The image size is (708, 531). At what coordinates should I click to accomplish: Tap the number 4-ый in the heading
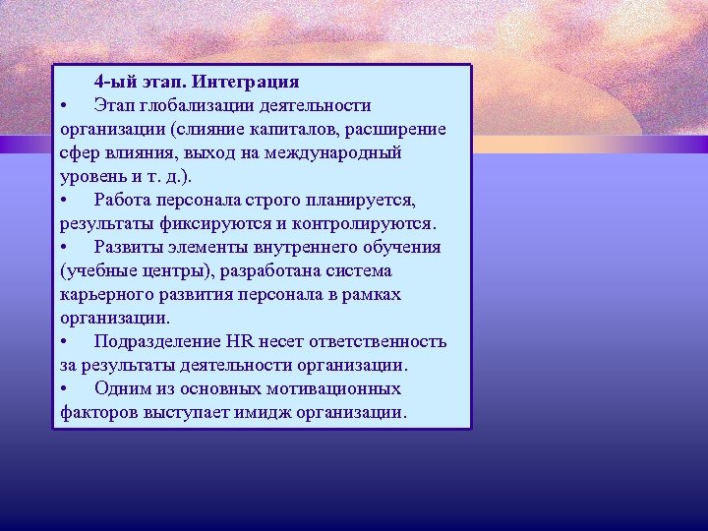(116, 81)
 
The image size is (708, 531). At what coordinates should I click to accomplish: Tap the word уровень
(90, 176)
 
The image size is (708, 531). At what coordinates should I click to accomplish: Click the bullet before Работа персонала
(63, 201)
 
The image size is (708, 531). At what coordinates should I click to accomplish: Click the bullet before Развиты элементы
(63, 248)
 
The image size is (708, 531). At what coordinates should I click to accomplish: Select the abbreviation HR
(240, 341)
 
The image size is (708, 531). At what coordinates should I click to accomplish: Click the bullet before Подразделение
(63, 342)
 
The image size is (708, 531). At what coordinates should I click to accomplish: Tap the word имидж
(275, 412)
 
